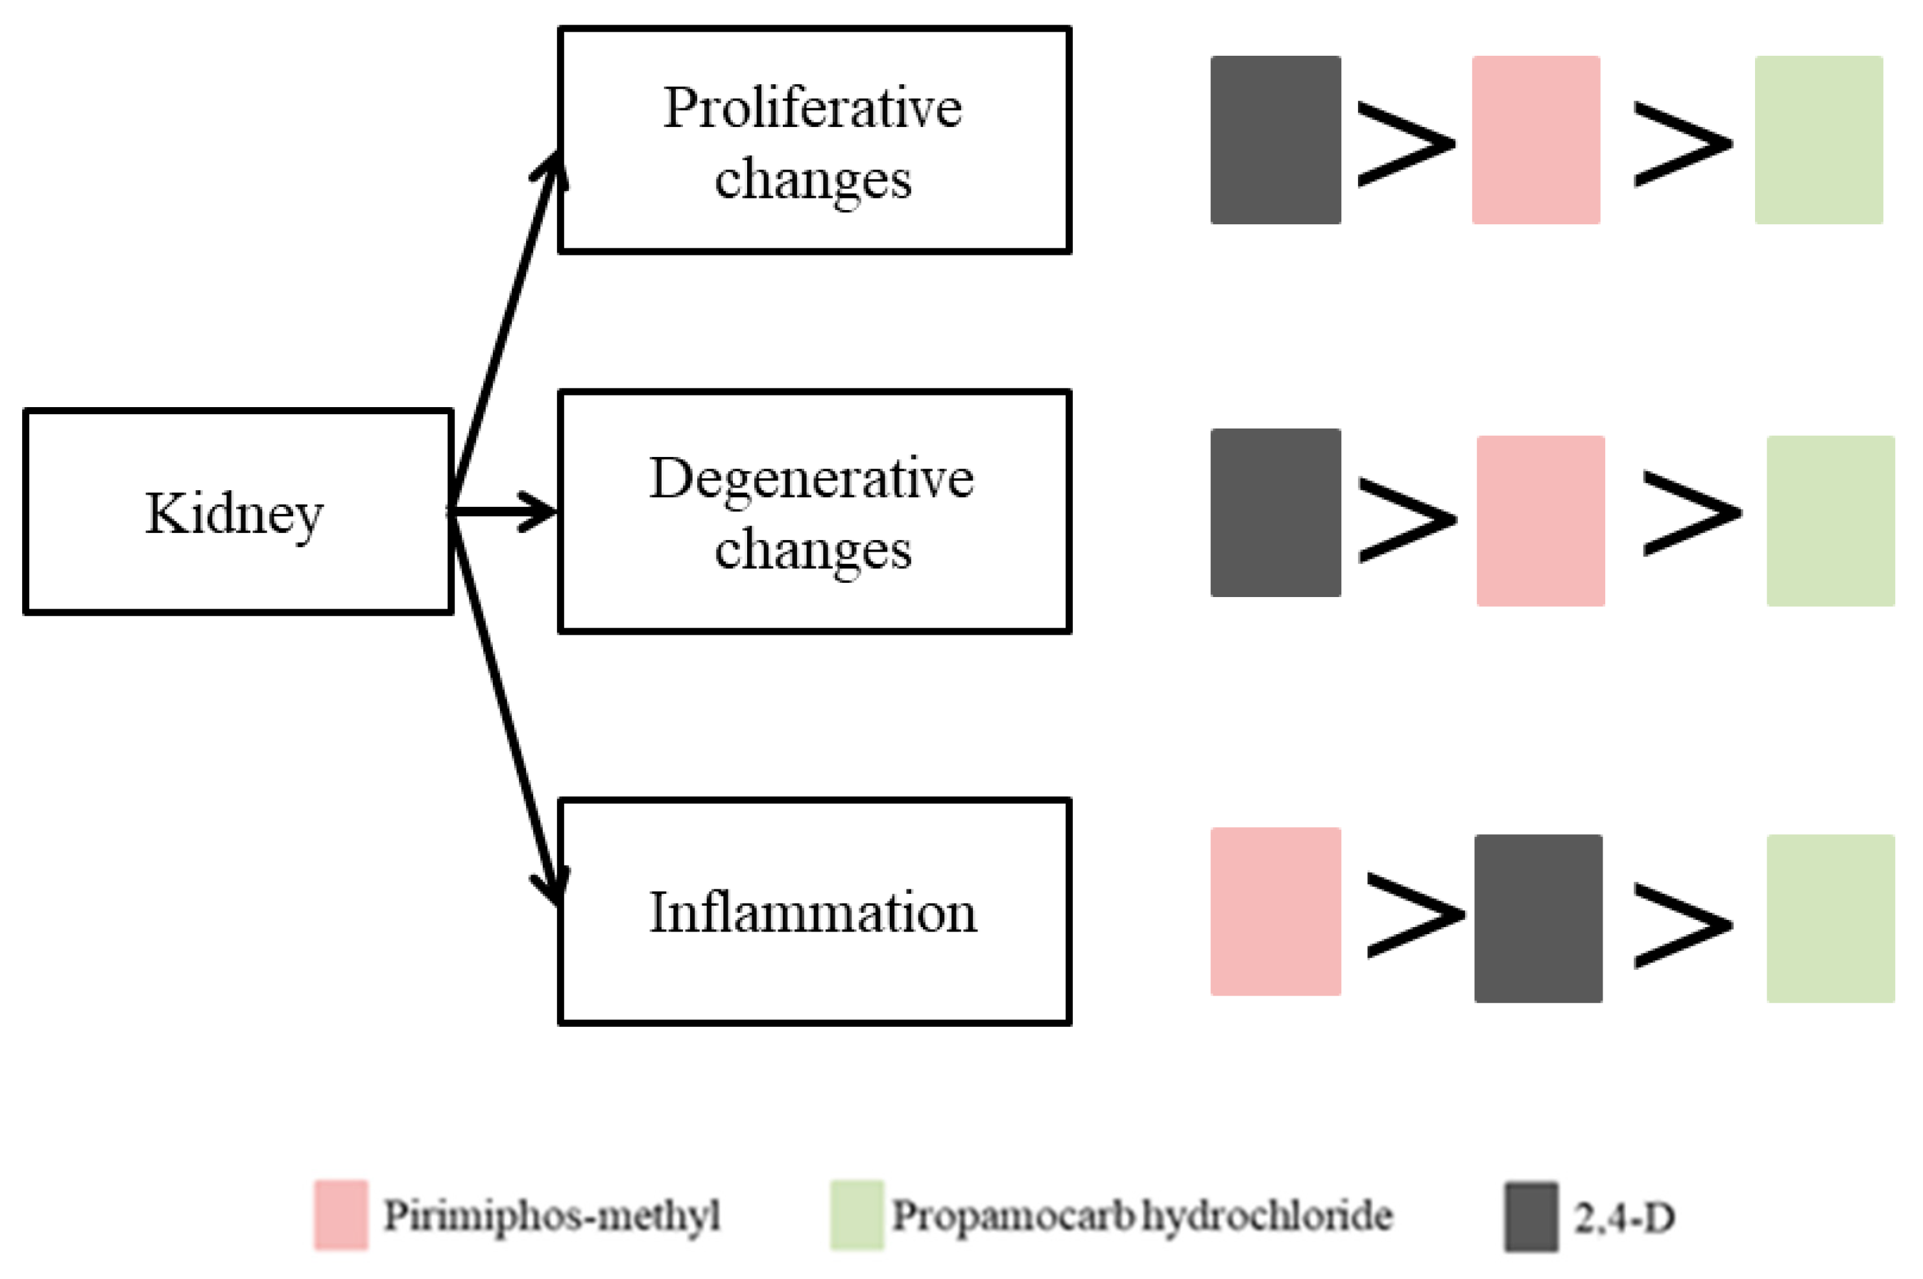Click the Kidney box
click(x=237, y=511)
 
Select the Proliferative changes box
click(x=813, y=140)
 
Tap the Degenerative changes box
click(x=813, y=511)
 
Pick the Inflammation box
click(x=813, y=911)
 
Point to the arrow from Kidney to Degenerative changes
click(x=506, y=511)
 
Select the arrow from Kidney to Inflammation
click(x=506, y=710)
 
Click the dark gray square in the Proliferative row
click(x=1275, y=139)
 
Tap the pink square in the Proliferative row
click(x=1535, y=139)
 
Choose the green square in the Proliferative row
click(x=1819, y=139)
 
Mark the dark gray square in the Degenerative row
click(x=1275, y=512)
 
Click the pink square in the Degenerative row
click(x=1540, y=521)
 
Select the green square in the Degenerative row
click(x=1830, y=521)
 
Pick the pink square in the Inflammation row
click(x=1275, y=911)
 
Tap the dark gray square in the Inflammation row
click(x=1537, y=919)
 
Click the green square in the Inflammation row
click(x=1830, y=919)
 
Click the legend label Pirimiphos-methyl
click(x=551, y=1215)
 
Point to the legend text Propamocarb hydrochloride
click(x=1141, y=1215)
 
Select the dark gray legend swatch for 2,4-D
click(x=1531, y=1216)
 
